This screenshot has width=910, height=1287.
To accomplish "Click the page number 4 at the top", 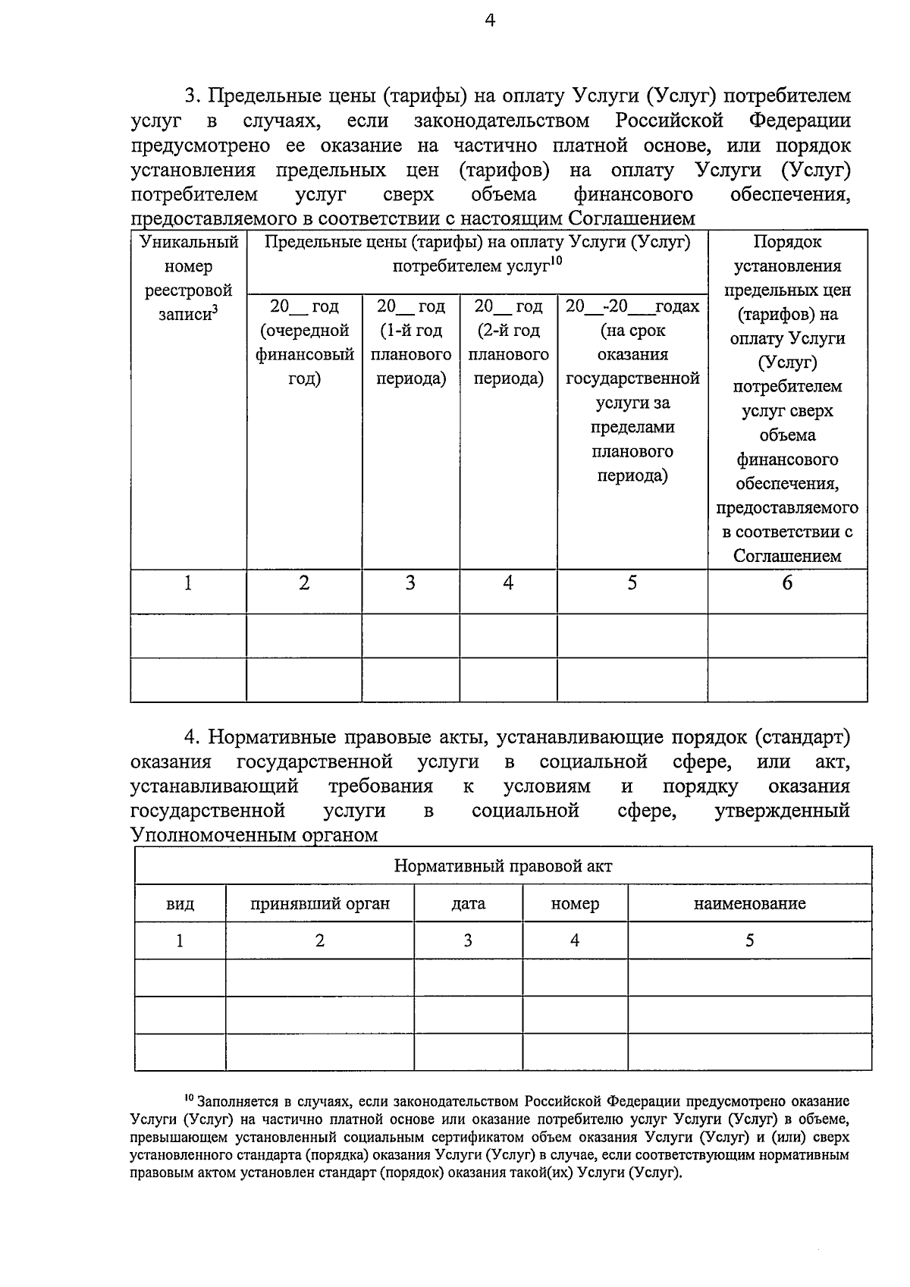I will coord(490,20).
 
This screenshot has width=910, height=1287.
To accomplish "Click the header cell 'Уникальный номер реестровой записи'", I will coord(188,278).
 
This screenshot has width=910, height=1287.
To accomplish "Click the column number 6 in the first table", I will coord(787,582).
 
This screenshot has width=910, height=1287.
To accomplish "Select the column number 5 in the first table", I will coord(632,582).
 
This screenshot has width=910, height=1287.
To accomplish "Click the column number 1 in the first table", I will coord(188,582).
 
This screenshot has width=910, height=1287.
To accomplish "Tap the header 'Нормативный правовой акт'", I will coord(503,866).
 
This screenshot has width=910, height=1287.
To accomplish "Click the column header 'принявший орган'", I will coord(320,903).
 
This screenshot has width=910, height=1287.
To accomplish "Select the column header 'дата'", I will coord(468,903).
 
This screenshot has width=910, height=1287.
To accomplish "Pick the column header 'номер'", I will coord(575,903).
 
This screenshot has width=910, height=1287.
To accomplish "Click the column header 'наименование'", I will coord(749,903).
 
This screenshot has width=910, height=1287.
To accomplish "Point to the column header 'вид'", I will coord(180,903).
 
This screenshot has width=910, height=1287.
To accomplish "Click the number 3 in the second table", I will coord(468,940).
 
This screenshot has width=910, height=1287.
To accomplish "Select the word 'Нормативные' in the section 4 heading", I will coord(271,737).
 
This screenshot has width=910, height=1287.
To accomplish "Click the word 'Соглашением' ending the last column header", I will coord(787,556).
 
